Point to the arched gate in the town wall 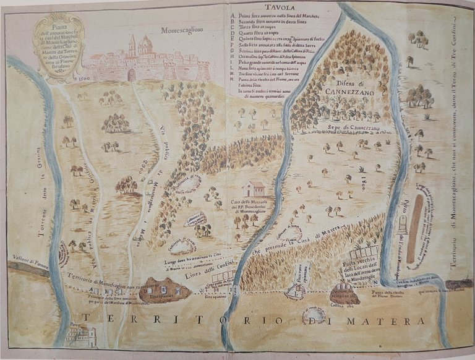coord(131,75)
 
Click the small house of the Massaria coord(254,189)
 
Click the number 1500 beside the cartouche coord(83,79)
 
